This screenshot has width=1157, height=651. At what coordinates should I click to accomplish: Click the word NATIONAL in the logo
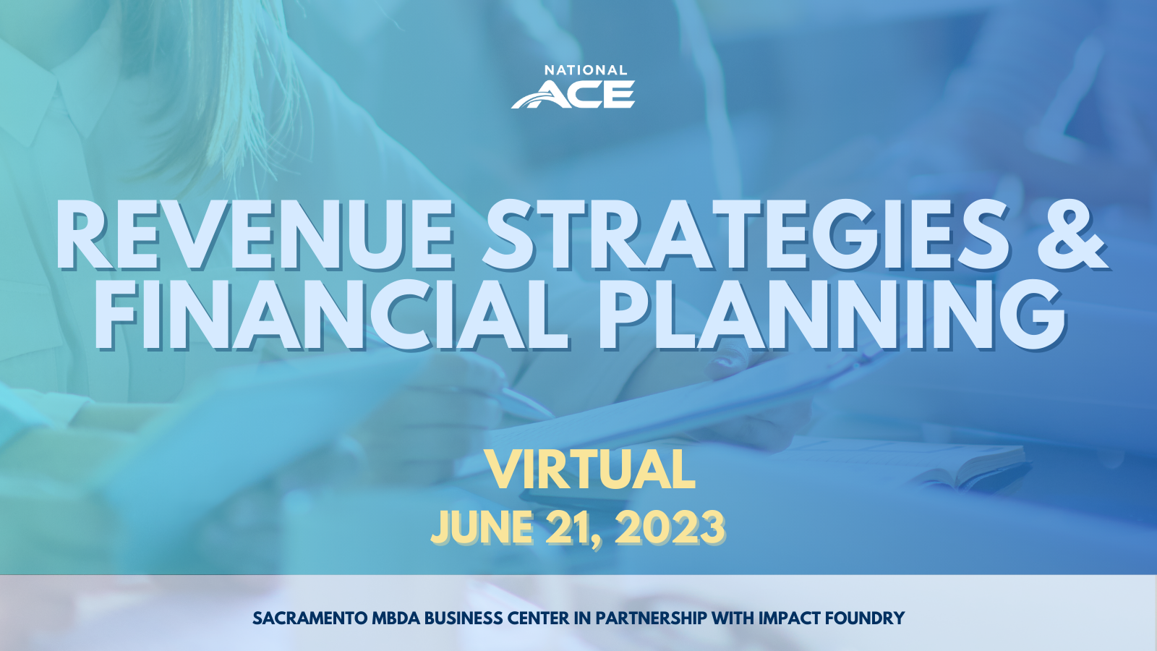[586, 71]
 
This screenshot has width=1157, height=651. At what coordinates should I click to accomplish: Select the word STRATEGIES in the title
[746, 236]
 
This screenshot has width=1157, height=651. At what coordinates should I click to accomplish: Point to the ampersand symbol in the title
[1072, 236]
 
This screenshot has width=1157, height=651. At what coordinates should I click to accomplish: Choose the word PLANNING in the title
[832, 315]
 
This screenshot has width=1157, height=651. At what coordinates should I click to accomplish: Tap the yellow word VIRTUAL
[591, 470]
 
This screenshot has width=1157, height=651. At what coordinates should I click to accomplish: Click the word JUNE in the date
[482, 527]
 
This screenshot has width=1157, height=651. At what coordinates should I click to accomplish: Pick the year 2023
[670, 527]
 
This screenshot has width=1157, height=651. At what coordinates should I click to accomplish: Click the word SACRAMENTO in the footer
[309, 618]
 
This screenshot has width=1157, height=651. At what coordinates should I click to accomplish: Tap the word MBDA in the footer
[396, 618]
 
